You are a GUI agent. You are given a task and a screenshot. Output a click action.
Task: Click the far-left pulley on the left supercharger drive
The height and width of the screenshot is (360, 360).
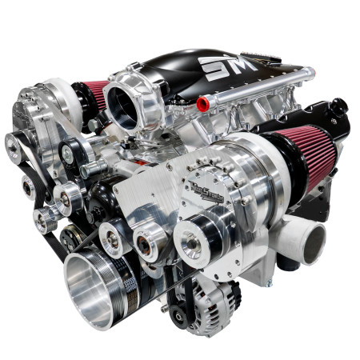(14, 144)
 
